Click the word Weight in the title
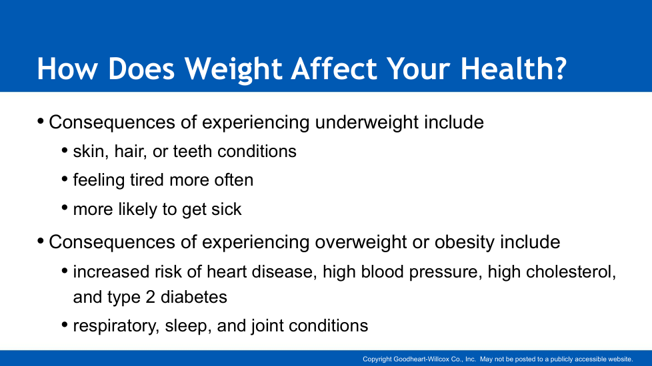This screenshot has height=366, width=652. tap(234, 69)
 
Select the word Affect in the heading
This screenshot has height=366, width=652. tap(334, 68)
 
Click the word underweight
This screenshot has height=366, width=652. tap(367, 122)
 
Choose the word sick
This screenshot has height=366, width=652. tap(226, 209)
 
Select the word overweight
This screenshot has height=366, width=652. tap(361, 242)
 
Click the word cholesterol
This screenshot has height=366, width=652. tap(571, 272)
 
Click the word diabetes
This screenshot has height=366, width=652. tap(194, 297)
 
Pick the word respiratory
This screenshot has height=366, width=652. tap(116, 326)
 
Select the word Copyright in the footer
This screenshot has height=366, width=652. tap(377, 359)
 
